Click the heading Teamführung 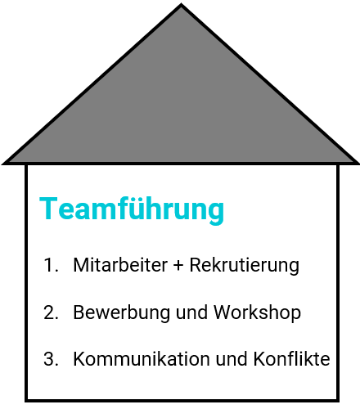click(x=132, y=209)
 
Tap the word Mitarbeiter click(x=120, y=265)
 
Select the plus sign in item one click(x=178, y=266)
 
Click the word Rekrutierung click(x=245, y=265)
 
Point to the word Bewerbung click(x=121, y=312)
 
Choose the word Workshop click(x=257, y=312)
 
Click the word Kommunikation click(x=142, y=359)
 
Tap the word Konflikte click(x=291, y=359)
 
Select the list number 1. click(x=51, y=265)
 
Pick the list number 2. click(x=51, y=312)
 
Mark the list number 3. click(x=51, y=359)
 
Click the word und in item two click(x=191, y=312)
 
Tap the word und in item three click(x=232, y=359)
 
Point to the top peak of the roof click(x=181, y=4)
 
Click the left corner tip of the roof click(x=2, y=164)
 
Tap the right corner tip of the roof click(x=358, y=164)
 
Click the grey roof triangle click(x=181, y=109)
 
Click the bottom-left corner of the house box click(x=26, y=401)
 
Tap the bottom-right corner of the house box click(x=338, y=401)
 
